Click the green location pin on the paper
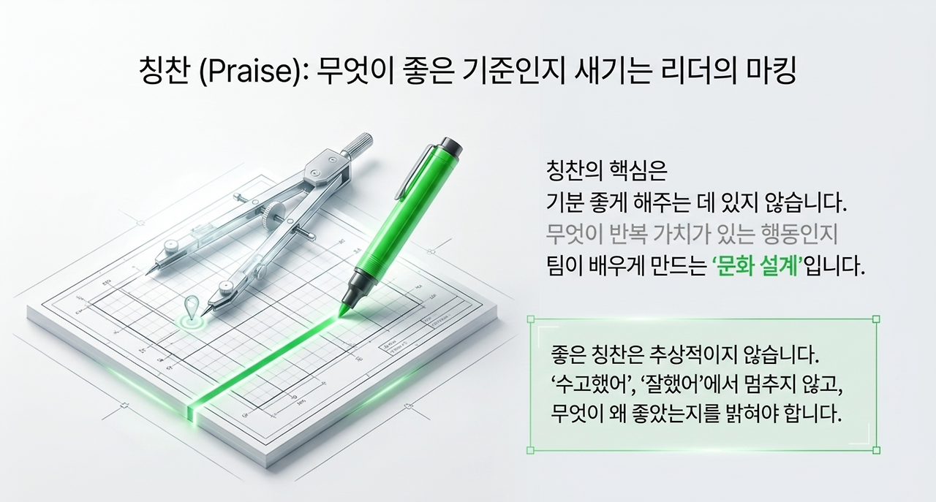[x=192, y=308]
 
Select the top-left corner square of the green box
[x=531, y=319]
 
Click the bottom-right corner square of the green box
[x=876, y=450]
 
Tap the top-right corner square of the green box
[x=876, y=319]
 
